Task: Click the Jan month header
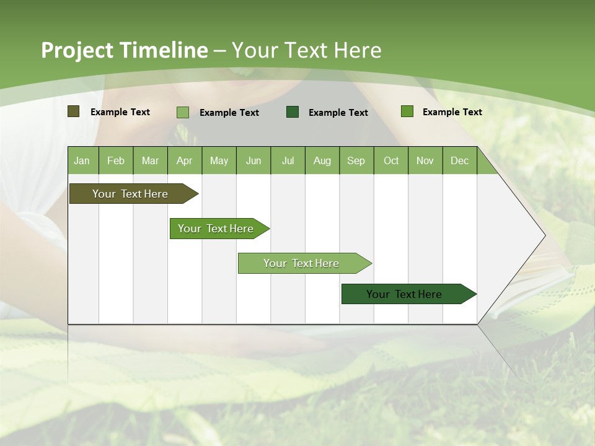pyautogui.click(x=82, y=160)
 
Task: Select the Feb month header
pyautogui.click(x=116, y=160)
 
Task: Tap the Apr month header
pyautogui.click(x=185, y=160)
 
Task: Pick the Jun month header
pyautogui.click(x=253, y=160)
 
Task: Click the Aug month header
pyautogui.click(x=322, y=160)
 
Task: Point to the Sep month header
pyautogui.click(x=356, y=160)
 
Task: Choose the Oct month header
pyautogui.click(x=391, y=160)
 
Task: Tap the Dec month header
pyautogui.click(x=460, y=160)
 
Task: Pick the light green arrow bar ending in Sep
pyautogui.click(x=302, y=263)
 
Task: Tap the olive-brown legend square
pyautogui.click(x=74, y=111)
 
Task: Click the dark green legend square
pyautogui.click(x=293, y=111)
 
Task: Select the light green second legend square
pyautogui.click(x=183, y=112)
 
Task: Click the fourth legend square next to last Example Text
pyautogui.click(x=407, y=111)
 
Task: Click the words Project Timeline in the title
pyautogui.click(x=124, y=50)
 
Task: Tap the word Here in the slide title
pyautogui.click(x=358, y=50)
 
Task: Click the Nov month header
pyautogui.click(x=425, y=160)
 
